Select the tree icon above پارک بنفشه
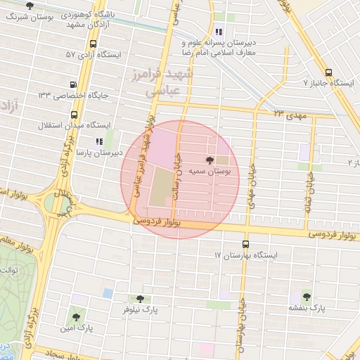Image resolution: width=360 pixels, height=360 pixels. (307, 295)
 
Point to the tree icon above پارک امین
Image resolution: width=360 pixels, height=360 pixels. (76, 317)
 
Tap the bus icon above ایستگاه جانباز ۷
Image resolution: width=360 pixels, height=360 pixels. (329, 72)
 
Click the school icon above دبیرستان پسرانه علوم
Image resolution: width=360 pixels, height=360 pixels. (219, 32)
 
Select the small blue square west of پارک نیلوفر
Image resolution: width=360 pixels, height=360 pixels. (107, 292)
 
